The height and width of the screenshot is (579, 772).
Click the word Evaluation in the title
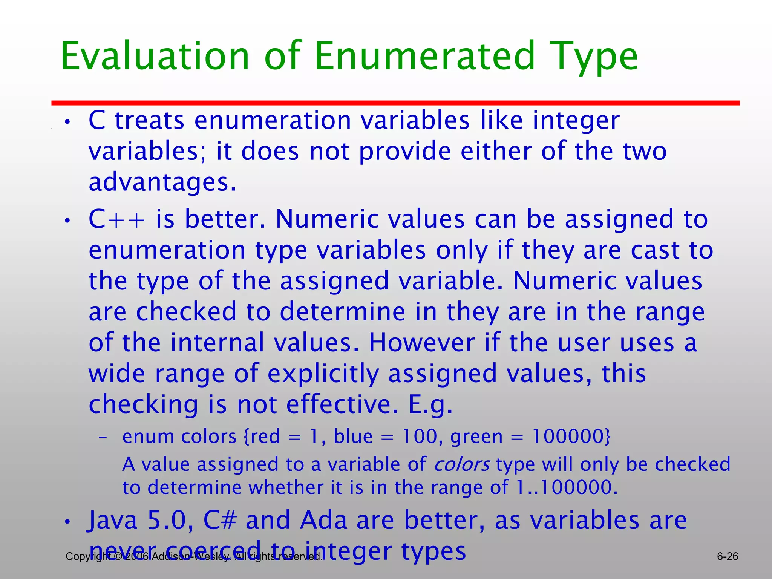tap(155, 57)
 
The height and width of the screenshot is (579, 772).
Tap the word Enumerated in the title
tap(424, 57)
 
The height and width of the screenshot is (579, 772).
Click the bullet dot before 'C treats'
tap(67, 122)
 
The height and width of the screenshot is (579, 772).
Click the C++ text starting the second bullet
tap(116, 219)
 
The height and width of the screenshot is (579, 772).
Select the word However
tap(421, 343)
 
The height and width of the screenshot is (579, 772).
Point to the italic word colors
tap(462, 464)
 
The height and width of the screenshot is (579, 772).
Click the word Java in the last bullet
tap(113, 521)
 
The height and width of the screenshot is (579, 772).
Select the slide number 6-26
tap(727, 556)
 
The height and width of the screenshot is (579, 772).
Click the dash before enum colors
tap(103, 438)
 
